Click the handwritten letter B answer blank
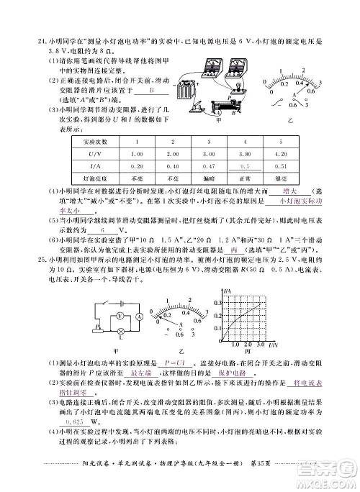coord(153,92)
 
